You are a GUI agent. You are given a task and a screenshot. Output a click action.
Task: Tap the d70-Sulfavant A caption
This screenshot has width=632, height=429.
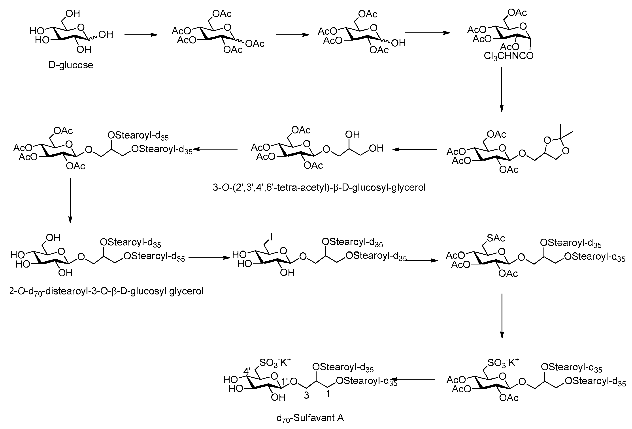pos(310,418)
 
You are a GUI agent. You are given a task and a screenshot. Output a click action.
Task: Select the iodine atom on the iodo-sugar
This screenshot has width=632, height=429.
pos(271,237)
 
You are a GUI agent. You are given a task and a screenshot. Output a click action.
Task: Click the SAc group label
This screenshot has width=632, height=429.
pos(496,238)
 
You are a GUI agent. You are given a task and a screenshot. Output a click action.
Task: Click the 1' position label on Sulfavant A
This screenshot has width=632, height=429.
pos(285,382)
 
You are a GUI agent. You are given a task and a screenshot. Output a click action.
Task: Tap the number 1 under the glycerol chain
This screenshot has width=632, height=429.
pos(328,394)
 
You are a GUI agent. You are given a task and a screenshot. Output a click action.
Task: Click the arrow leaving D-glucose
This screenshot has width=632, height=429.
pos(141,35)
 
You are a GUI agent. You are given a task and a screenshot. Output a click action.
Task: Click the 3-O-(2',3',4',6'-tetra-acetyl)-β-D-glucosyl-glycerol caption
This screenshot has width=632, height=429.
pos(319,187)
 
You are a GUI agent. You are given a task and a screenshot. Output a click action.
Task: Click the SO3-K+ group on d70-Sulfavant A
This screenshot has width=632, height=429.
pos(275,362)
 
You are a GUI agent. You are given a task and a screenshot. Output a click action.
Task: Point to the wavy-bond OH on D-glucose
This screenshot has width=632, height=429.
pos(106,34)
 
